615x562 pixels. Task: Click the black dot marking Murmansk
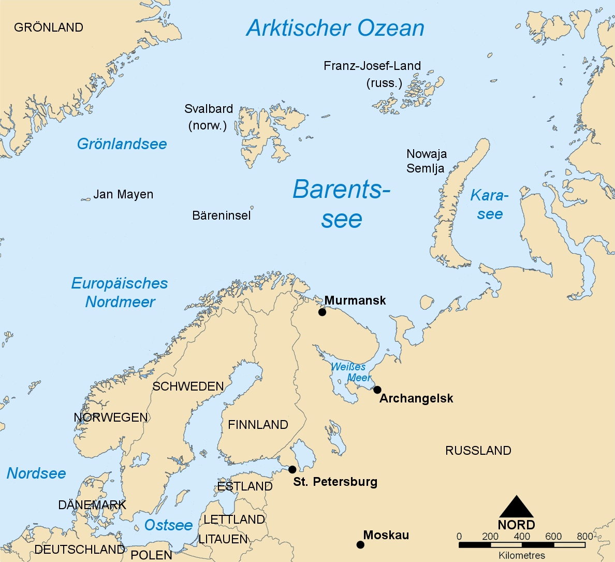[x=322, y=312]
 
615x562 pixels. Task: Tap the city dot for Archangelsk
[x=377, y=390]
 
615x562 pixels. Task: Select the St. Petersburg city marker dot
[x=292, y=469]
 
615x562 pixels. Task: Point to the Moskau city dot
[x=360, y=544]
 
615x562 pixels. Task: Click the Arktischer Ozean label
[x=335, y=28]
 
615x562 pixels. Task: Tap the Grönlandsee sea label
[x=122, y=144]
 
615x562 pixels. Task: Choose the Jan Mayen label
[x=123, y=194]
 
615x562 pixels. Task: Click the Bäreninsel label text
[x=221, y=215]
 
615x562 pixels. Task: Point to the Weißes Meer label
[x=350, y=372]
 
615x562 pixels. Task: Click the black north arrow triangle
[x=516, y=507]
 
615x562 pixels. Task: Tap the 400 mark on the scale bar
[x=522, y=537]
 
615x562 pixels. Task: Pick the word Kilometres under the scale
[x=522, y=555]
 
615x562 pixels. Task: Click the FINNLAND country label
[x=258, y=425]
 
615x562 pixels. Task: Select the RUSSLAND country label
[x=478, y=451]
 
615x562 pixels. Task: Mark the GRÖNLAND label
[x=49, y=27]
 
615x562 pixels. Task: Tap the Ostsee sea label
[x=168, y=525]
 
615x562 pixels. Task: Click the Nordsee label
[x=36, y=473]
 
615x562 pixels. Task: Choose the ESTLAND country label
[x=244, y=486]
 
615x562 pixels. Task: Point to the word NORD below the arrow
[x=516, y=525]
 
